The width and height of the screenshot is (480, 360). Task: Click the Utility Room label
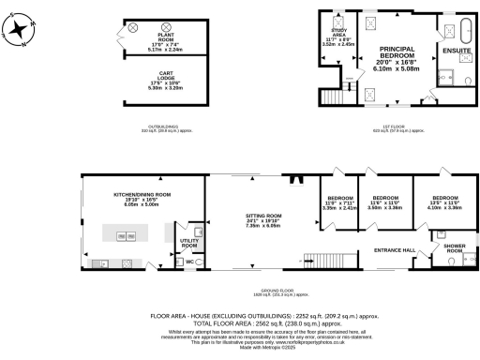(187, 241)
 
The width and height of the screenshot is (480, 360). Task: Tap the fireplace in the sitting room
(295, 182)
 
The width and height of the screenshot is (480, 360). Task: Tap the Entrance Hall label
(395, 250)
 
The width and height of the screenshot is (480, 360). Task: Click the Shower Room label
(455, 248)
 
